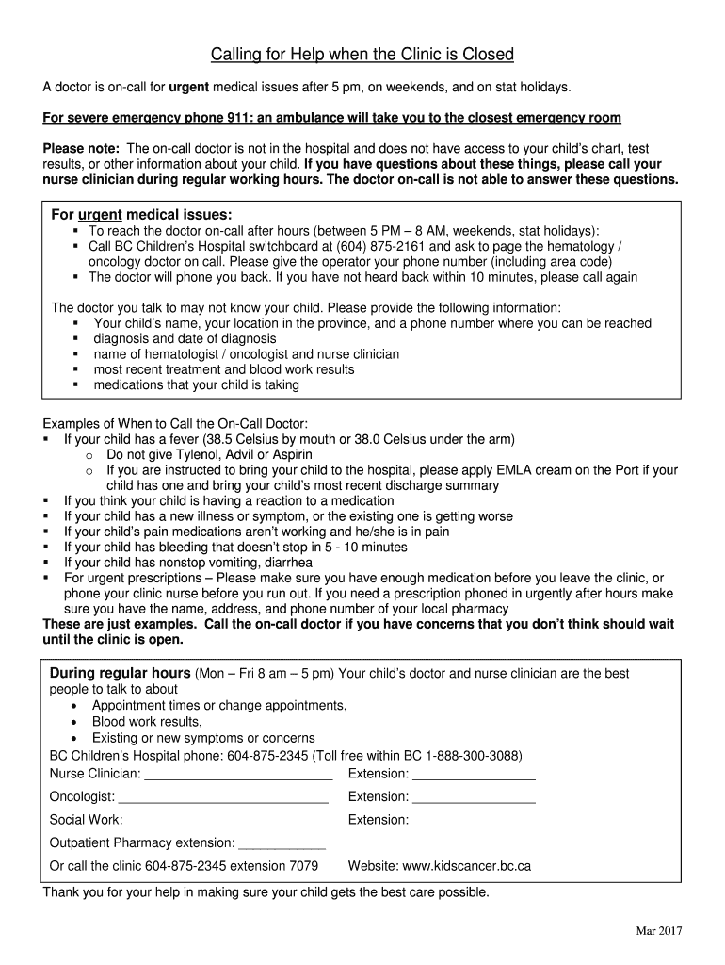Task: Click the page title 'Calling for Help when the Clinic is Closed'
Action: click(362, 55)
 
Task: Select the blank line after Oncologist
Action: click(235, 797)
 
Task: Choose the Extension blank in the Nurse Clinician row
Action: click(474, 775)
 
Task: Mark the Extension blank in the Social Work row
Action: click(474, 820)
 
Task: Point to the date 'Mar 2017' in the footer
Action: click(658, 931)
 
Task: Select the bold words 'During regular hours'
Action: click(120, 674)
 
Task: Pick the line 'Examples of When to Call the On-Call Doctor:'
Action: click(175, 424)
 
